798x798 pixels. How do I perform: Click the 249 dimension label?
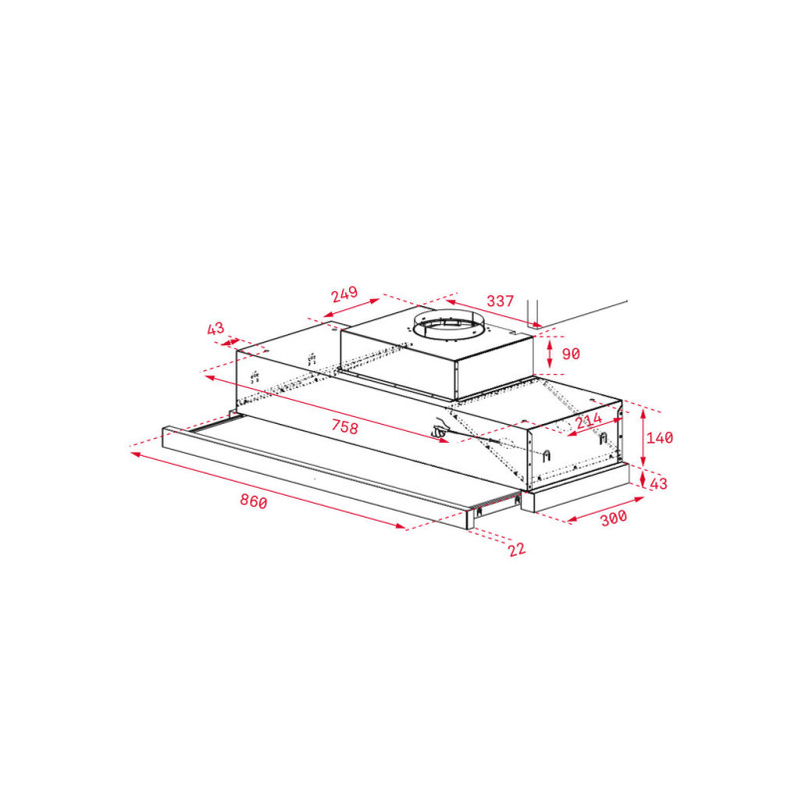click(x=344, y=294)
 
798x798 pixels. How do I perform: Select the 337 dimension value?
click(x=501, y=301)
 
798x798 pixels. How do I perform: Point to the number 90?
click(x=571, y=354)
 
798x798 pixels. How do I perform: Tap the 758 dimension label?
click(x=344, y=426)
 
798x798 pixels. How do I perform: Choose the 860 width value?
click(x=253, y=502)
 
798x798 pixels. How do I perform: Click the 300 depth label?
click(x=613, y=518)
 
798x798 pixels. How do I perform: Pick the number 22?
click(x=517, y=550)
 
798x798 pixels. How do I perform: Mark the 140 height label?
click(x=659, y=438)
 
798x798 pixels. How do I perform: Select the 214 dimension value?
click(x=589, y=421)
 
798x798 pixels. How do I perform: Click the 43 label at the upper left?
click(x=215, y=329)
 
